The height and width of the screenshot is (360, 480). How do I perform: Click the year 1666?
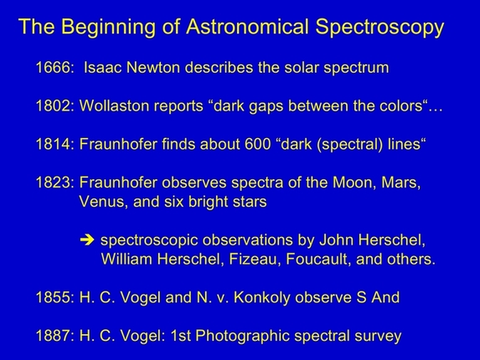[54, 66]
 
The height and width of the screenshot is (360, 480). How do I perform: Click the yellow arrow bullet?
[85, 241]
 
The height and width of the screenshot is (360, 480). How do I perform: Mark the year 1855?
[54, 298]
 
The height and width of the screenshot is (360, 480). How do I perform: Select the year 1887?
[54, 337]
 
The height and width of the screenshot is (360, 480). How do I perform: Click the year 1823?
[54, 183]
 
